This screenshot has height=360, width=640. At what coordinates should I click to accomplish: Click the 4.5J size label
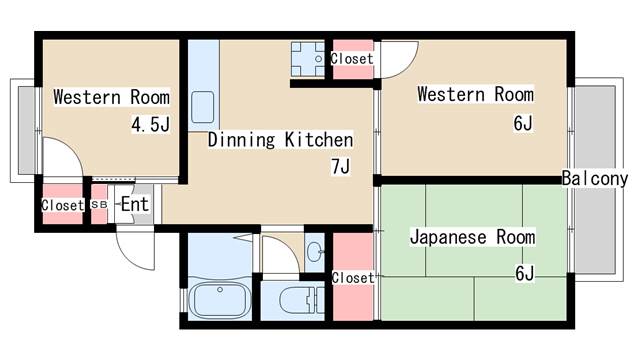(150, 124)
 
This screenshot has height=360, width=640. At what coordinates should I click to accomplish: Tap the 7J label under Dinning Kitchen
(340, 166)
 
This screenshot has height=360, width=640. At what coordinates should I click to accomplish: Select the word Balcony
(595, 178)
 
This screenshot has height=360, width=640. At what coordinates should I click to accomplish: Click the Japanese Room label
(472, 237)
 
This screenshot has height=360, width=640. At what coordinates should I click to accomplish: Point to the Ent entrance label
(135, 204)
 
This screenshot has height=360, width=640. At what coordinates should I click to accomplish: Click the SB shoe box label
(99, 204)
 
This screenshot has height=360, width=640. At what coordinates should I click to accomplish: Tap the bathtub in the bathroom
(220, 300)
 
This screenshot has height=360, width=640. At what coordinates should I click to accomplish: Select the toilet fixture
(301, 301)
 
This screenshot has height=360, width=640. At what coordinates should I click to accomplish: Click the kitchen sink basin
(202, 107)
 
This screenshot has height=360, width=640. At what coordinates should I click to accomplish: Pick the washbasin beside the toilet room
(315, 251)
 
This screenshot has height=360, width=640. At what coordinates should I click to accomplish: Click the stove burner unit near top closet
(307, 59)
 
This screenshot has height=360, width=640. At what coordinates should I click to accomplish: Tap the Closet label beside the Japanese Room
(353, 278)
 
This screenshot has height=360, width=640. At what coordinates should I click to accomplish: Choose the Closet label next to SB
(62, 205)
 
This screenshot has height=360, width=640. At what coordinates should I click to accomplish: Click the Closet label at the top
(352, 59)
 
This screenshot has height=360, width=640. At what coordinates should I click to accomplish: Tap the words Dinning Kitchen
(280, 140)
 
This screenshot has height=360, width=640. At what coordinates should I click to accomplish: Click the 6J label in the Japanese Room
(524, 273)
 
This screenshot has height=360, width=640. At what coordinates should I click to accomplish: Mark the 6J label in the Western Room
(523, 123)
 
